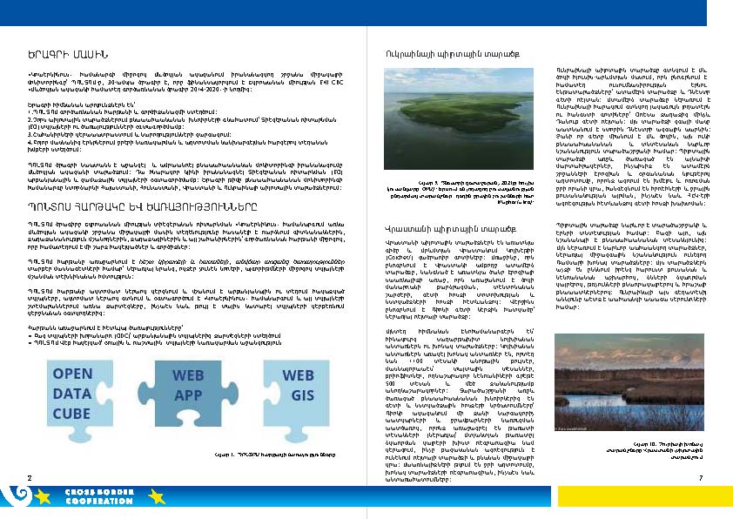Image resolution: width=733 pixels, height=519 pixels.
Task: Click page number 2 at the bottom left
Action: tap(29, 478)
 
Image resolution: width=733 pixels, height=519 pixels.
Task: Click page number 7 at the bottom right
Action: tap(700, 478)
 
